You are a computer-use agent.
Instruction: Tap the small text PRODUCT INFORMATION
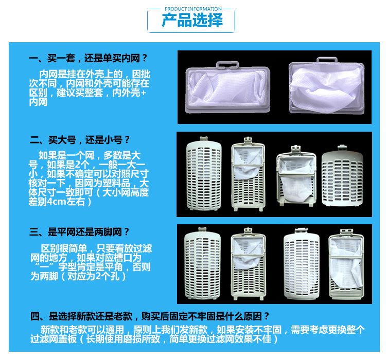coord(193,9)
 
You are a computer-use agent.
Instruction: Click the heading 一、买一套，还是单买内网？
coord(89,58)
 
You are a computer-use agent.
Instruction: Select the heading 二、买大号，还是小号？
coord(80,139)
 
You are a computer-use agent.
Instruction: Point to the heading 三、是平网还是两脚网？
coord(80,231)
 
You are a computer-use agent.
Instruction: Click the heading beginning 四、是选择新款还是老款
coord(149,316)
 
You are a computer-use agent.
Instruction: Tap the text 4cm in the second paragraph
coord(55,202)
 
